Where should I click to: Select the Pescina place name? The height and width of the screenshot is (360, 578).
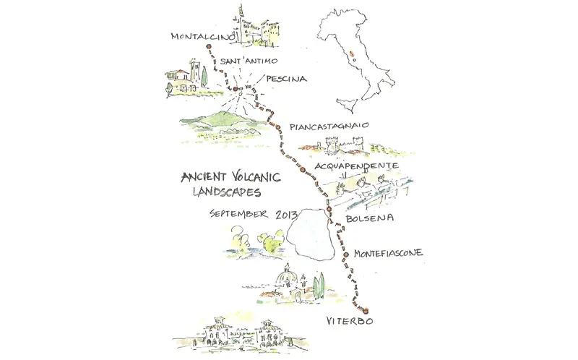pyautogui.click(x=286, y=79)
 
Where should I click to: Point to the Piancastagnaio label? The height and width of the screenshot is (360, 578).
pyautogui.click(x=329, y=127)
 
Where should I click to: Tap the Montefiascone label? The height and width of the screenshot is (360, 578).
pyautogui.click(x=388, y=253)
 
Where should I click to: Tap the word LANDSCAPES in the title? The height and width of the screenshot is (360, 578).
pyautogui.click(x=228, y=193)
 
